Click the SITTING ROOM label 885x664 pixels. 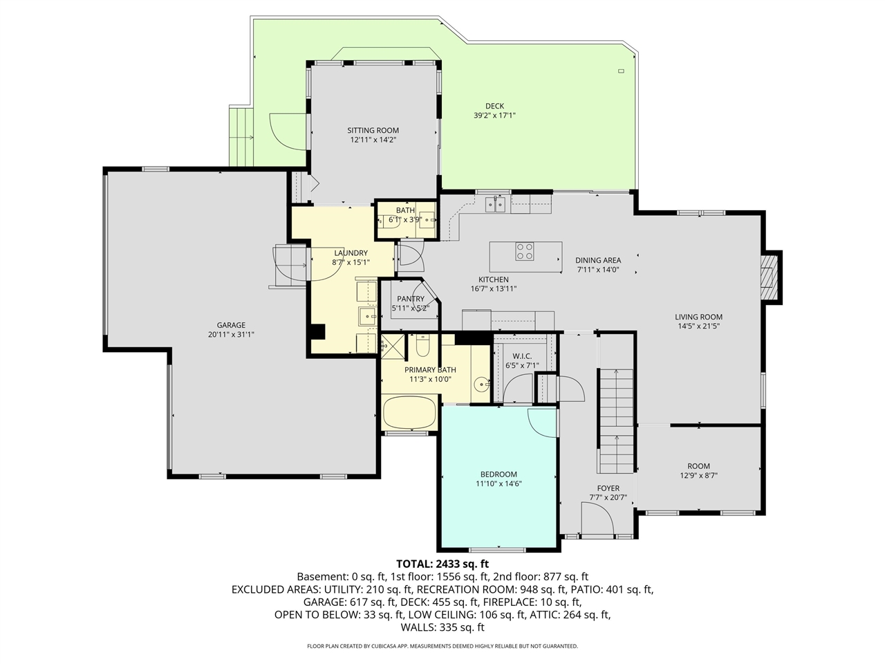[x=373, y=130]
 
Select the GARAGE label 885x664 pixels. [x=231, y=325]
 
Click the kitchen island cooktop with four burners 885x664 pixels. [x=524, y=251]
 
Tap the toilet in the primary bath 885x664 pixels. [x=422, y=344]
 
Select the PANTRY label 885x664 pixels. [x=411, y=299]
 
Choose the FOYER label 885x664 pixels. [x=608, y=488]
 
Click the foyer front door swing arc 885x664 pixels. [x=597, y=518]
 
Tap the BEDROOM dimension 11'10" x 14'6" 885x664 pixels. [x=498, y=484]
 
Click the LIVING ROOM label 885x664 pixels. [x=698, y=317]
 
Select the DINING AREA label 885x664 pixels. [x=598, y=261]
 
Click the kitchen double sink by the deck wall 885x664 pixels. [x=495, y=203]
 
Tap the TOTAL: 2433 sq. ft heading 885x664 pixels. [x=442, y=564]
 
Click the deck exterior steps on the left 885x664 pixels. [x=241, y=137]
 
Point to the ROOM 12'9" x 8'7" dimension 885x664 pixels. [x=698, y=476]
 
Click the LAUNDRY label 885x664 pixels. [x=351, y=253]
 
